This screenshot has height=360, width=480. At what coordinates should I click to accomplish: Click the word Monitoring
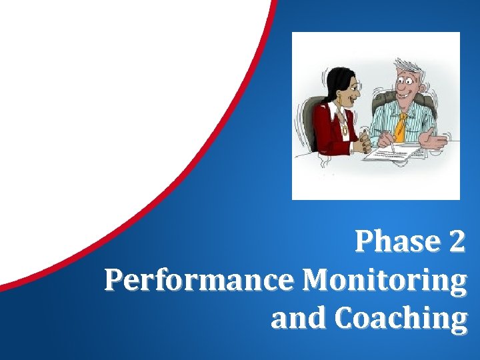click(384, 282)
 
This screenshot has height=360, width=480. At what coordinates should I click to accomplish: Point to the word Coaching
click(401, 319)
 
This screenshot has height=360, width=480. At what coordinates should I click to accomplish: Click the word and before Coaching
click(299, 319)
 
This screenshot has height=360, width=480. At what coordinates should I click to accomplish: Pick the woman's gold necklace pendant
click(345, 129)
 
